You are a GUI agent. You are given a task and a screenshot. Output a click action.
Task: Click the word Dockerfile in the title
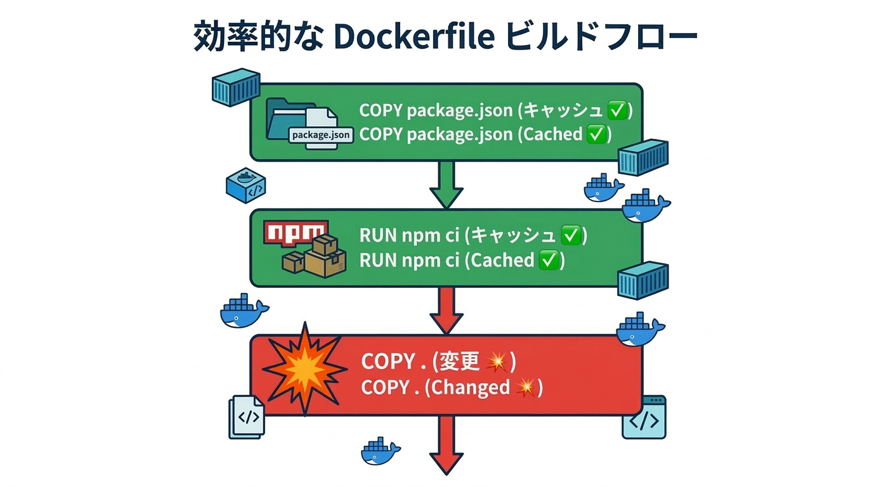(x=413, y=37)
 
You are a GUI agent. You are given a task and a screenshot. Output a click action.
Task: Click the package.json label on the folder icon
(x=320, y=135)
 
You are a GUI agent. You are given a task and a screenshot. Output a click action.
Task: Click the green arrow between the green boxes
(x=446, y=185)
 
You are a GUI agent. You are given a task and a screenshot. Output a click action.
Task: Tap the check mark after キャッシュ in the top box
(x=617, y=110)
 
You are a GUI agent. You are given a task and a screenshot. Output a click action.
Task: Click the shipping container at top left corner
(x=235, y=87)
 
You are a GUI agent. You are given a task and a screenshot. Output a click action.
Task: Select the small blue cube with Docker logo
(x=245, y=185)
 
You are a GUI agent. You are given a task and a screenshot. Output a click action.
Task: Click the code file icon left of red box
(x=247, y=416)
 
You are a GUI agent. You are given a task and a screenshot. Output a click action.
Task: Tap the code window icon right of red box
(x=644, y=417)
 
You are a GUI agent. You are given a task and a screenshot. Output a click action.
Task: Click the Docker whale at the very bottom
(x=381, y=451)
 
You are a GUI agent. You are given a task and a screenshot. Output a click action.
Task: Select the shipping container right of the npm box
(x=643, y=280)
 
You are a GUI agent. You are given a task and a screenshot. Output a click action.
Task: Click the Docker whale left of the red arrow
(x=244, y=311)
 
